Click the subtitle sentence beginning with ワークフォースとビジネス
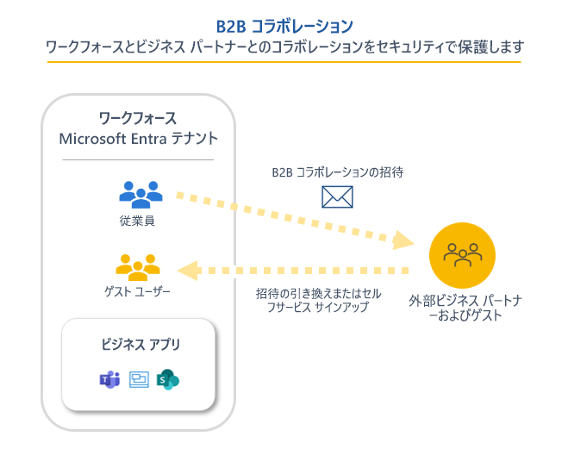(x=284, y=46)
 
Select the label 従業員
(x=138, y=221)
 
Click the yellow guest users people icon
(x=138, y=267)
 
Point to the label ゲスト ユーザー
(x=138, y=292)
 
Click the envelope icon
(x=337, y=197)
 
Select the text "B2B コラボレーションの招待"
(x=337, y=172)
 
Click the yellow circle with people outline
(x=463, y=255)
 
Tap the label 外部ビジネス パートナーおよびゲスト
(x=463, y=309)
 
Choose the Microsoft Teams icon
(x=109, y=379)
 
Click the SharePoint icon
(x=168, y=379)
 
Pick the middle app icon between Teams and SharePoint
(x=139, y=379)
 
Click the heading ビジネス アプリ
(x=138, y=345)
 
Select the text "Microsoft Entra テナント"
(x=138, y=138)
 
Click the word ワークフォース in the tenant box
(x=138, y=117)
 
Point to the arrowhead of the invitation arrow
(x=400, y=236)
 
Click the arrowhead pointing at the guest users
(x=191, y=271)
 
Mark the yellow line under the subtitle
(x=284, y=61)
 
